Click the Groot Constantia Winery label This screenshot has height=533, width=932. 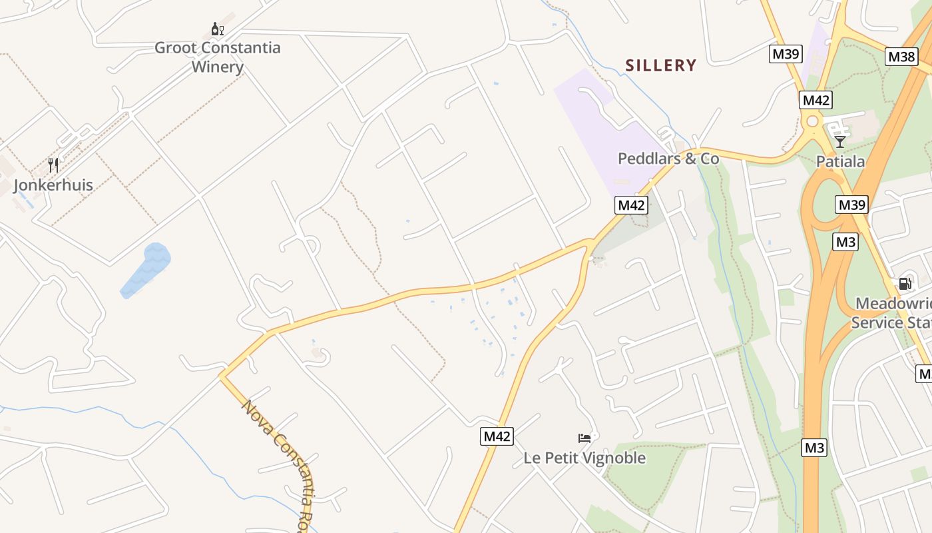218,57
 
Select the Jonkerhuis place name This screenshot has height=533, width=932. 53,185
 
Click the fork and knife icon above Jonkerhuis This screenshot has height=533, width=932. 53,165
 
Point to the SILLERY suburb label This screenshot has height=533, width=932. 661,65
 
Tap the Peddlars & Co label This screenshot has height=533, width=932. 668,159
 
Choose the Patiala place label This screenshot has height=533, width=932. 841,161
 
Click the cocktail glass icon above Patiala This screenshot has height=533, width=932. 840,141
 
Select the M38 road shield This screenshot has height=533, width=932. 902,57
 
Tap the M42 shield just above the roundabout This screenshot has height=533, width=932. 816,100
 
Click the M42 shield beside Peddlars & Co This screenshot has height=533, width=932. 631,205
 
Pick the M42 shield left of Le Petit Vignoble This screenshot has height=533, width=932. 497,436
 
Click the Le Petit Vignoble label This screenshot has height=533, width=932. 584,458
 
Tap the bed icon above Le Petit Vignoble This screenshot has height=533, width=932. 584,438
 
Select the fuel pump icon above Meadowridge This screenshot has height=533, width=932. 905,284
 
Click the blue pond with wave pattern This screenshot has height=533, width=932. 146,270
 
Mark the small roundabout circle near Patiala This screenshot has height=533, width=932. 812,122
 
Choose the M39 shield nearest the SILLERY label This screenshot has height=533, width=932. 786,54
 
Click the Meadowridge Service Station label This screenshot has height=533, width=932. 892,313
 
